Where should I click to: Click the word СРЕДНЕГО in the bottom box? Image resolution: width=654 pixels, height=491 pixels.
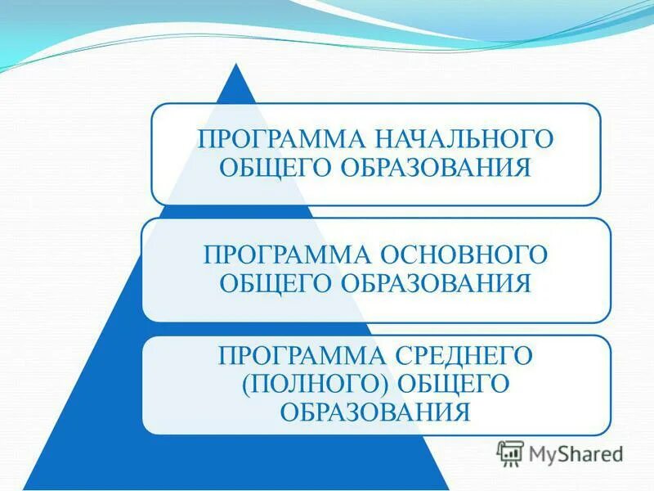[x=463, y=355]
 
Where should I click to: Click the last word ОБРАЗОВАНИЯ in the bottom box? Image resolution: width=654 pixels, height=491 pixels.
[x=375, y=411]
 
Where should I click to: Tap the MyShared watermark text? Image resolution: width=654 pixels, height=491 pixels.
[x=576, y=453]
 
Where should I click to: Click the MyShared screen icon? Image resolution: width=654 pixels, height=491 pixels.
[x=510, y=453]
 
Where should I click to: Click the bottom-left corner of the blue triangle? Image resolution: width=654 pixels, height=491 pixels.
[x=25, y=488]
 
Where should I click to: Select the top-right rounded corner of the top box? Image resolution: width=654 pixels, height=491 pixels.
[x=595, y=109]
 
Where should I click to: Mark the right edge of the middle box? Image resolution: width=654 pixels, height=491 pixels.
[x=611, y=269]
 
